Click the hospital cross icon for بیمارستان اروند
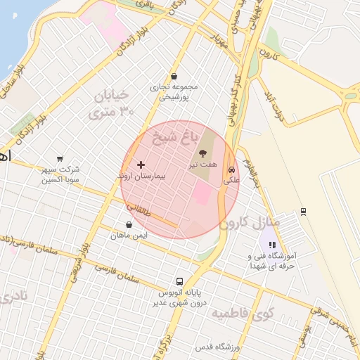(x=141, y=164)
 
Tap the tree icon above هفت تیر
(x=203, y=153)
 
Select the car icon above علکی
(x=231, y=169)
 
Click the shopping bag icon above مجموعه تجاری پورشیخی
(x=174, y=77)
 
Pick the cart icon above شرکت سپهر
(x=60, y=159)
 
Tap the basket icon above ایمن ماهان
(x=129, y=224)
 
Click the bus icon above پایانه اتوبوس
(x=179, y=281)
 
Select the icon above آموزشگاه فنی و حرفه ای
(x=271, y=245)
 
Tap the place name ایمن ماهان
(x=129, y=235)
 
